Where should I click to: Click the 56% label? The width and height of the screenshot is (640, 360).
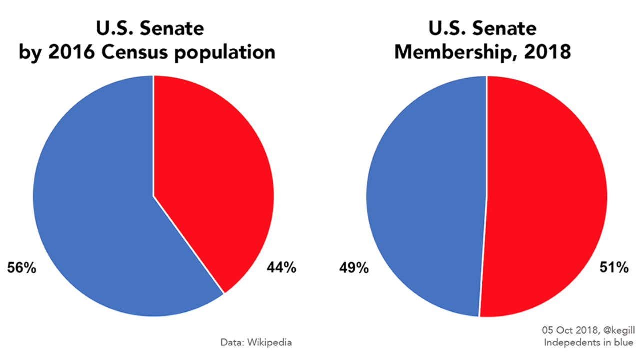tap(21, 268)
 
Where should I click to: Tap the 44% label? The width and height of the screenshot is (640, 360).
tap(281, 268)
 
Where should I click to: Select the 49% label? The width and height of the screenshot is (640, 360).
tap(354, 268)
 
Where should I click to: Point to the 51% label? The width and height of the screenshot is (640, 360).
tap(613, 268)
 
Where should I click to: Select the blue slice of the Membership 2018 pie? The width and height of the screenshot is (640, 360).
tap(425, 200)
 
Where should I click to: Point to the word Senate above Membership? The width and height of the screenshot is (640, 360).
tap(504, 28)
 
